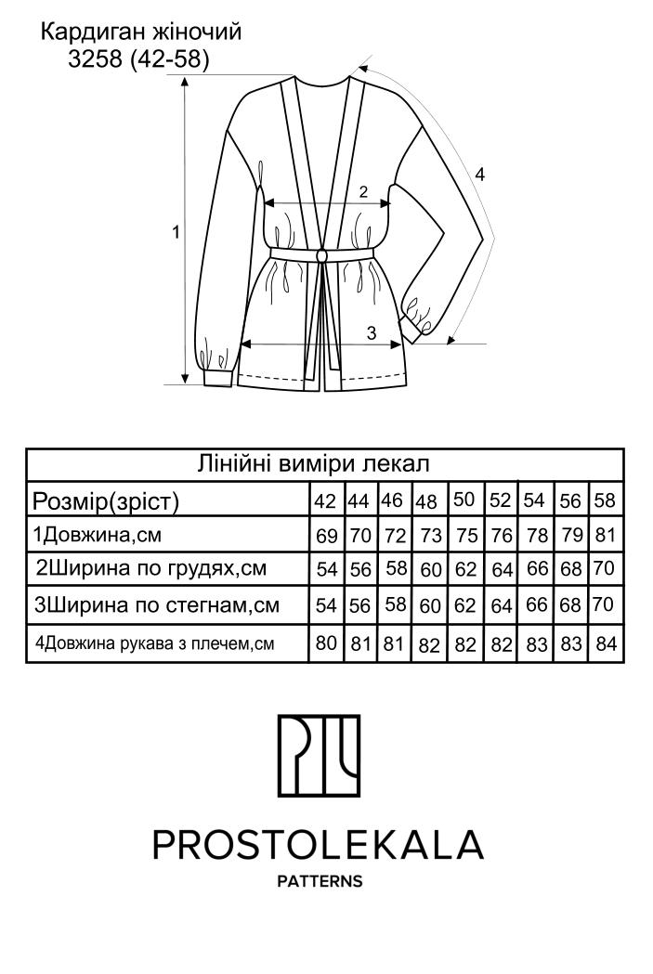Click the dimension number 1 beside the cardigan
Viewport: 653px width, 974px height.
click(x=176, y=232)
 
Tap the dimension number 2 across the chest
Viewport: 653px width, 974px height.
click(x=364, y=191)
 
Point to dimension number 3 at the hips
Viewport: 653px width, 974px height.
click(x=372, y=333)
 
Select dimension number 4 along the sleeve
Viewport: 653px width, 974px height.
click(x=479, y=175)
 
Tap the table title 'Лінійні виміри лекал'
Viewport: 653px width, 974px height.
click(x=313, y=463)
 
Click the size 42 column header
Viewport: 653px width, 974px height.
click(x=325, y=500)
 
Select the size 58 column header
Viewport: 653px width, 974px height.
click(x=605, y=500)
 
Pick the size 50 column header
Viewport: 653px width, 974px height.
click(x=464, y=500)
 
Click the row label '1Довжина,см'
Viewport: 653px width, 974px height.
click(x=97, y=535)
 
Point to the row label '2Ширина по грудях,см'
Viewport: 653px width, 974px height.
click(x=151, y=569)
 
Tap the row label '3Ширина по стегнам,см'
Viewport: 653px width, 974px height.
click(x=157, y=605)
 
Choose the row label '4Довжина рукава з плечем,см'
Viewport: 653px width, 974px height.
click(x=155, y=643)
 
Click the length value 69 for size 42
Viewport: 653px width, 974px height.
click(x=326, y=536)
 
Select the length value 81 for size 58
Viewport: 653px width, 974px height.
click(x=605, y=535)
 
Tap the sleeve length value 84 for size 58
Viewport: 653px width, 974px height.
click(x=606, y=643)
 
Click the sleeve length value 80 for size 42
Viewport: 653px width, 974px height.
click(x=326, y=643)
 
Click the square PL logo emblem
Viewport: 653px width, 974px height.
click(x=319, y=756)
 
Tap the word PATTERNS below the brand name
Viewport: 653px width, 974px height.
click(x=320, y=881)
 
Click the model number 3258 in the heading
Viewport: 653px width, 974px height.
click(x=95, y=59)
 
